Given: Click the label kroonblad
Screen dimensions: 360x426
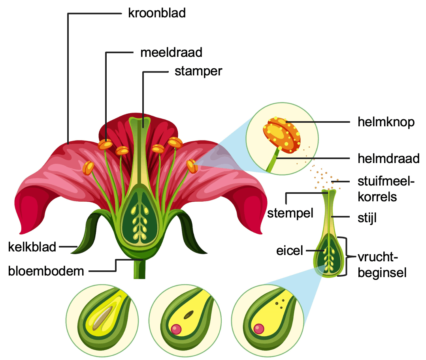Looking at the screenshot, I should pyautogui.click(x=156, y=13).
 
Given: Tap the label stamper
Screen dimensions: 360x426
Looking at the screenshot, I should pyautogui.click(x=198, y=71).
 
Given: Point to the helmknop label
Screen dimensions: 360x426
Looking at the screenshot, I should pyautogui.click(x=386, y=122).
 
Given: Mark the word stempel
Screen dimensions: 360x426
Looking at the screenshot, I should pyautogui.click(x=290, y=213).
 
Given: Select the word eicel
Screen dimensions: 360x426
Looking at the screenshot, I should pyautogui.click(x=290, y=251).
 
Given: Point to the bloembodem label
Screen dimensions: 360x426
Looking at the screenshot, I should pyautogui.click(x=46, y=271).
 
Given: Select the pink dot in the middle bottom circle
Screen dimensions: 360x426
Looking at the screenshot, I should pyautogui.click(x=175, y=328).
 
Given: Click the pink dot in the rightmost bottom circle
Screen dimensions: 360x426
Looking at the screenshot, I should pyautogui.click(x=259, y=328).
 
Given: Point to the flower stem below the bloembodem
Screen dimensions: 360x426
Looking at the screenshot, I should pyautogui.click(x=140, y=270).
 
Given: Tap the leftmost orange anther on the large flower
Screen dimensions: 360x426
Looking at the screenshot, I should pyautogui.click(x=88, y=167).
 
